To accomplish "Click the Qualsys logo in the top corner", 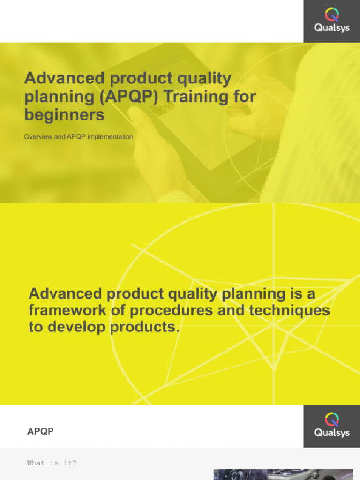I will [x=331, y=21].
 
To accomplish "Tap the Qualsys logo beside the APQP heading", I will [x=331, y=426].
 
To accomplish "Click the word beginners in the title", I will [x=64, y=114].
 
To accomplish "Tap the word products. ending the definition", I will [x=145, y=327].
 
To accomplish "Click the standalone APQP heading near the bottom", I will [x=40, y=431].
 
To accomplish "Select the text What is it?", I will [x=52, y=463].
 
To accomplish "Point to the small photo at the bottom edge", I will [x=283, y=474].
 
